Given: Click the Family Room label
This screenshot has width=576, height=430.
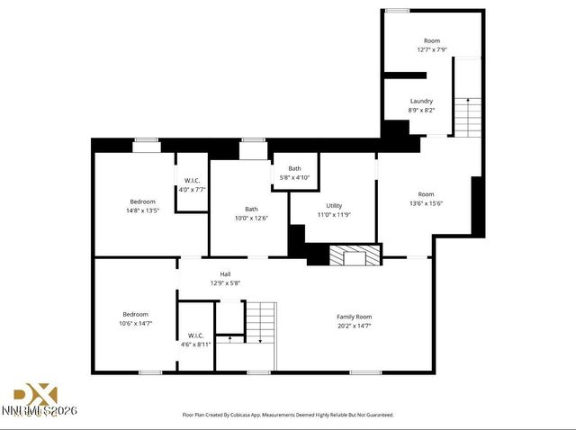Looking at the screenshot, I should [x=354, y=317].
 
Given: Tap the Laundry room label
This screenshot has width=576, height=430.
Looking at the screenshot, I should [x=421, y=101].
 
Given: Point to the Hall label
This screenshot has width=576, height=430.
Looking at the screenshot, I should [x=226, y=273].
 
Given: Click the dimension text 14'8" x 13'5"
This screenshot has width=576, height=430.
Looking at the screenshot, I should [x=142, y=211].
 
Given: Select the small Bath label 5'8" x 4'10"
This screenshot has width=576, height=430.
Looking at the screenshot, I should [x=295, y=168].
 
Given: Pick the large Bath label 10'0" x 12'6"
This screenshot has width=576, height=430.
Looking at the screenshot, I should [x=251, y=210].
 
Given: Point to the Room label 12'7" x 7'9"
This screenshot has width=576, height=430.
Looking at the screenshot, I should [x=432, y=40].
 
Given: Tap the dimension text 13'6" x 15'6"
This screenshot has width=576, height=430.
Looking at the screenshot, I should [x=426, y=203].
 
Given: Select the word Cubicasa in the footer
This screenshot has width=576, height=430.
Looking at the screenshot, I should [x=256, y=416].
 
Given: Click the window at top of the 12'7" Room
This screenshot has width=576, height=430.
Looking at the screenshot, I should [x=397, y=10].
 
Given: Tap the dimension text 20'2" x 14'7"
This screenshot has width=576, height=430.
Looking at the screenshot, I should [x=354, y=326].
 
